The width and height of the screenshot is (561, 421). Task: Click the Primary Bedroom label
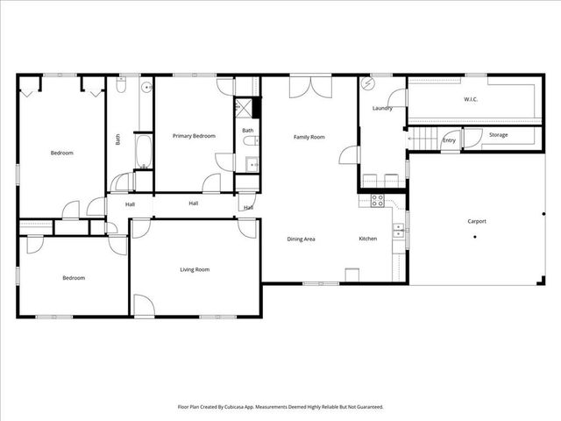click(194, 136)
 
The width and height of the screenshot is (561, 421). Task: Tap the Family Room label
click(309, 137)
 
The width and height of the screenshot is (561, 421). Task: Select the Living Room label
click(195, 269)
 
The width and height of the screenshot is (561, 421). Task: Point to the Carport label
click(476, 221)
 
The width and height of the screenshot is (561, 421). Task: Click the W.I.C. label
click(471, 99)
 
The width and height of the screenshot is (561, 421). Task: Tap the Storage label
click(498, 135)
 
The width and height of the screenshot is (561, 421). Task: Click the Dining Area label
click(302, 239)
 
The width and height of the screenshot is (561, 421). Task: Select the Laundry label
click(381, 109)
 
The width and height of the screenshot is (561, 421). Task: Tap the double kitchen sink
click(399, 231)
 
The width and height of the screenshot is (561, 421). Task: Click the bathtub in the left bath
click(143, 151)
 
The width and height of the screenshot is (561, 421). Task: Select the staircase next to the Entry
click(424, 139)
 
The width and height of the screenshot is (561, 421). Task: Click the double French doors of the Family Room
click(311, 88)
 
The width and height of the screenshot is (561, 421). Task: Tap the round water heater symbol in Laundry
click(368, 84)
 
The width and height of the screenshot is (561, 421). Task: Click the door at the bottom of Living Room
click(143, 306)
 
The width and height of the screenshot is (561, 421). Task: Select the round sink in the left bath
click(147, 87)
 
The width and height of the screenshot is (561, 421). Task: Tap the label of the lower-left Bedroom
click(74, 278)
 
